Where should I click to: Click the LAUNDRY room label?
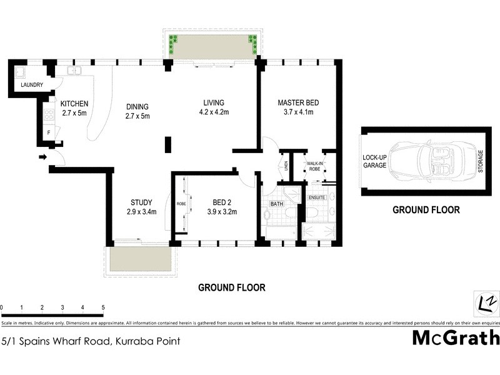pos(31,84)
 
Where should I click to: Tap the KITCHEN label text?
pos(74,104)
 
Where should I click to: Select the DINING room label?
pos(137,106)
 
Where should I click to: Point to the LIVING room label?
pos(213,103)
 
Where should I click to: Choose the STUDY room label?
pos(141,202)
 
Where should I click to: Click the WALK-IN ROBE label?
pos(313,167)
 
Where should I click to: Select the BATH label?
pos(277,204)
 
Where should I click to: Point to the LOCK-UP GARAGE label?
pos(375,161)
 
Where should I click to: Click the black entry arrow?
pos(42,156)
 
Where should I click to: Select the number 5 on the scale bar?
pos(102,308)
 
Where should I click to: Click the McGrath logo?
pos(456,337)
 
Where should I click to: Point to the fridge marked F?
pos(48,132)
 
